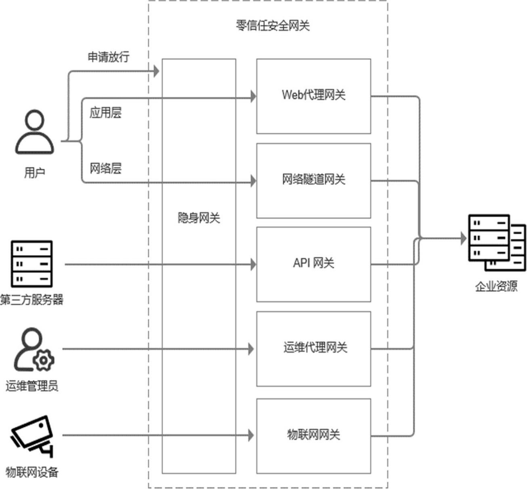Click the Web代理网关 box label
(x=313, y=95)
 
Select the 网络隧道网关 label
(x=313, y=179)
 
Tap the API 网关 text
(x=313, y=263)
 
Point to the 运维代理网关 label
(x=315, y=347)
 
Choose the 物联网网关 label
(x=313, y=434)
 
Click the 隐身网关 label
(x=199, y=218)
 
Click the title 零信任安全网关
(x=273, y=25)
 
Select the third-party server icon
(x=32, y=263)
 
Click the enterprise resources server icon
(x=496, y=242)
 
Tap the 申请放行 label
(x=108, y=57)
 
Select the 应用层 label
(x=105, y=113)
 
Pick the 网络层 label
(x=105, y=168)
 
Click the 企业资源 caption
(x=496, y=286)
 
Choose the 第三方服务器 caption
(x=31, y=300)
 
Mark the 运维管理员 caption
(x=31, y=386)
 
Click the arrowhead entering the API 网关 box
(x=253, y=264)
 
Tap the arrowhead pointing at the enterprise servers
(x=464, y=238)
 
